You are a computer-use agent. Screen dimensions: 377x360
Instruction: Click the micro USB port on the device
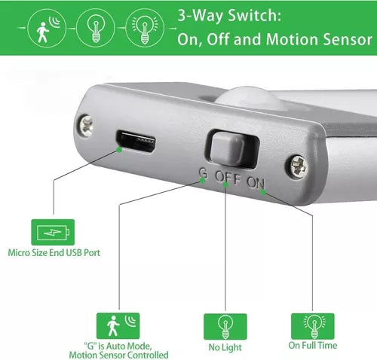click(135, 142)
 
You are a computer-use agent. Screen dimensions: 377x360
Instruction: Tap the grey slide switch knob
click(227, 148)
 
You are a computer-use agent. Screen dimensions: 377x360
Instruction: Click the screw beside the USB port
click(86, 126)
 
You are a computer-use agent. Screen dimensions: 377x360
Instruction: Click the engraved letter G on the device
click(203, 172)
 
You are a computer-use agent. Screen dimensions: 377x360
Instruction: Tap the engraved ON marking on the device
click(256, 182)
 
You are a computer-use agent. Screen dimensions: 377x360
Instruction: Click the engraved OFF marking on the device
click(228, 177)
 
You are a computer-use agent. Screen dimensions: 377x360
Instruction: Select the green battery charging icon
click(53, 232)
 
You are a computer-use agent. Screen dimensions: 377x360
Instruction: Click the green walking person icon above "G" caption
click(118, 325)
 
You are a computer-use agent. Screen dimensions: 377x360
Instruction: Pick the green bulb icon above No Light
click(225, 326)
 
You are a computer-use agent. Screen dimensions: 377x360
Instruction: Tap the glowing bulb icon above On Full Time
click(313, 326)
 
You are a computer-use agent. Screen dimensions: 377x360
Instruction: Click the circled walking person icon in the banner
click(47, 28)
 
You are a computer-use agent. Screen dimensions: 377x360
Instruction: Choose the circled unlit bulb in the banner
click(96, 28)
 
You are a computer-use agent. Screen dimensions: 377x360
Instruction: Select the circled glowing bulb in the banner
click(145, 28)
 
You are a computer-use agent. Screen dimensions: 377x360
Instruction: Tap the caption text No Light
click(225, 348)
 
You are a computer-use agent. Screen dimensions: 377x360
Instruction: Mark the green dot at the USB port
click(120, 150)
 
